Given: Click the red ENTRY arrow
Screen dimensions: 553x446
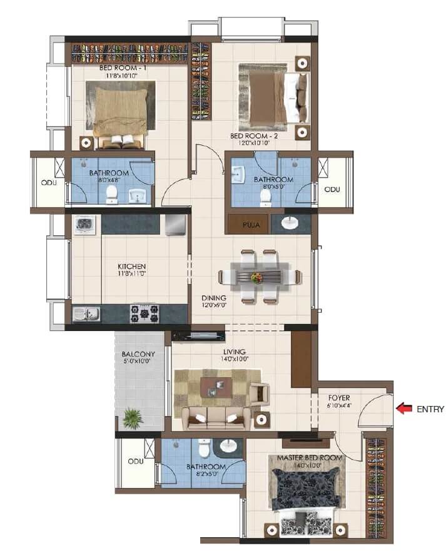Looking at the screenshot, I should [x=405, y=409].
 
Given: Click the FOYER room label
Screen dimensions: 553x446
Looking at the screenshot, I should [x=338, y=397].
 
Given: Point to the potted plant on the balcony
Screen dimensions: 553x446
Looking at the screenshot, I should [x=132, y=418].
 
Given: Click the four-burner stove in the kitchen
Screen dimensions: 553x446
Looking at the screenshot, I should [x=144, y=313].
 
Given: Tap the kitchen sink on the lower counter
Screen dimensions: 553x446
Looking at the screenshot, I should [x=86, y=313].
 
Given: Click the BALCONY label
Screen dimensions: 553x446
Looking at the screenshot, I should [x=138, y=354].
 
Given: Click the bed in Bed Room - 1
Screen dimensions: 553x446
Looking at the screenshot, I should [x=121, y=116].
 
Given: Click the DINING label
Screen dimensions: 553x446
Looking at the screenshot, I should [x=213, y=298].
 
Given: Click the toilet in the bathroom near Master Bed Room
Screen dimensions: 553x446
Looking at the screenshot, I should [x=203, y=449].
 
